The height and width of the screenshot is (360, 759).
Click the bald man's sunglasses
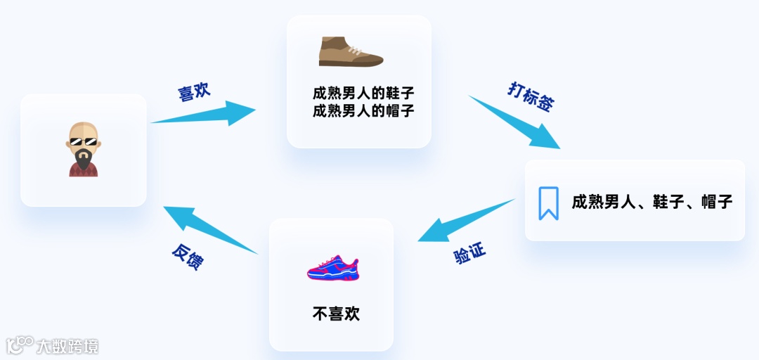point(83,143)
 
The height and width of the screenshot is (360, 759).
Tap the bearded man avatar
point(83,149)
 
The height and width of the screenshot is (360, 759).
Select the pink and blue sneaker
point(332,268)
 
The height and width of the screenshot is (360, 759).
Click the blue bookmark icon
point(548,203)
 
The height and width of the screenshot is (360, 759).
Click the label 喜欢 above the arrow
point(193,92)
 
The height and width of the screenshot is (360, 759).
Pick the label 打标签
point(530,97)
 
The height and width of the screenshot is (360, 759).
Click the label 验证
point(470,254)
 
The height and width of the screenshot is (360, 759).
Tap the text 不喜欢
point(336,314)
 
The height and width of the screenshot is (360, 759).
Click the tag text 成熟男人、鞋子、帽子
point(652,202)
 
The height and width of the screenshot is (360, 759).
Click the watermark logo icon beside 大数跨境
point(20,344)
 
